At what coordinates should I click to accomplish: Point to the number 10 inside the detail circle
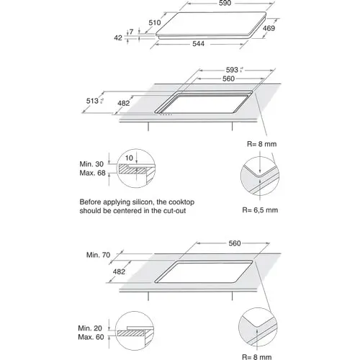coord(129,157)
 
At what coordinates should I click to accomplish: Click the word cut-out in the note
coord(181,212)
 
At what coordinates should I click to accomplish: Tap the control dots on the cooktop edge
coord(167,116)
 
